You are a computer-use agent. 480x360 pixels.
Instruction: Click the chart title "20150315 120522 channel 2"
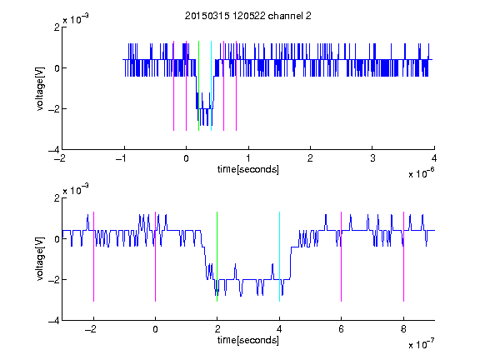coord(248,16)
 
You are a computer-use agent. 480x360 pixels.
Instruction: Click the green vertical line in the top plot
coord(198,86)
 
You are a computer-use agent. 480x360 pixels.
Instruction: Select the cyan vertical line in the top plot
coord(211,86)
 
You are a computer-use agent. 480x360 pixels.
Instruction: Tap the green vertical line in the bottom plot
coord(217,257)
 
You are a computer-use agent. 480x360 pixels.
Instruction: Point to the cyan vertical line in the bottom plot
coord(279,257)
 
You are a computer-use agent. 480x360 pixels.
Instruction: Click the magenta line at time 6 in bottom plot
coord(342,257)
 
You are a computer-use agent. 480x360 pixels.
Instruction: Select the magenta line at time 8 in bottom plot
coord(404,257)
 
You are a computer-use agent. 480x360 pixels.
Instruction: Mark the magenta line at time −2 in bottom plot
coord(93,257)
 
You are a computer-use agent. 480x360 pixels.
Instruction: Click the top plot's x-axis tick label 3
coord(372,158)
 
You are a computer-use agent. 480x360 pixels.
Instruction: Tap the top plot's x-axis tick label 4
coord(434,158)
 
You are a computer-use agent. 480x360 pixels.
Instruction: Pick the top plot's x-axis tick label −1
coord(122,158)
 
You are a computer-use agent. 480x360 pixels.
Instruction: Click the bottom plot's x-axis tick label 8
coord(403,329)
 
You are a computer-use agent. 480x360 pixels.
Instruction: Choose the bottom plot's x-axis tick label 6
coord(342,329)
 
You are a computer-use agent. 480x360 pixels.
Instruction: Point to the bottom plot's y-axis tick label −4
coord(54,321)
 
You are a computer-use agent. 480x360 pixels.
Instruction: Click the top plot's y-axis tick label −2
coord(54,108)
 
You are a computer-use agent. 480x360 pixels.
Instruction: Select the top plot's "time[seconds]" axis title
coord(248,169)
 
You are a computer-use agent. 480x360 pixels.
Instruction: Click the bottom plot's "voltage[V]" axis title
coord(40,259)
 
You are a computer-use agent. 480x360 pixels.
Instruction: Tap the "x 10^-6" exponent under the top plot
coord(421,173)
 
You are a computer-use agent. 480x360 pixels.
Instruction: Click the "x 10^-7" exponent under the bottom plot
coord(421,344)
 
